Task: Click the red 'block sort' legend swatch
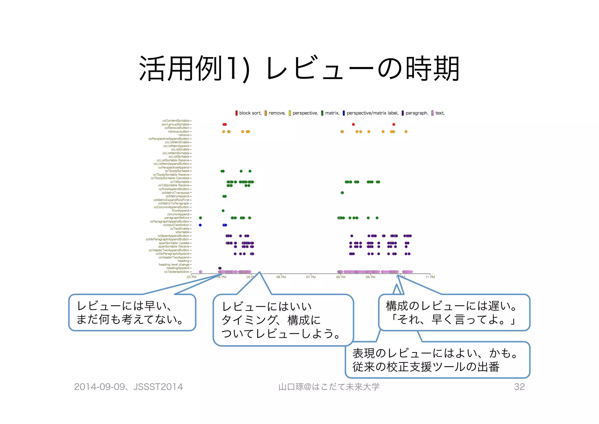[x=236, y=113]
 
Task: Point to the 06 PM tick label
[x=281, y=277]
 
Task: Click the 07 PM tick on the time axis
[x=311, y=277]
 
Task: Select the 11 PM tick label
[x=430, y=277]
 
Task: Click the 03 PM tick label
[x=191, y=277]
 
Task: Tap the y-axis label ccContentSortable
[x=176, y=121]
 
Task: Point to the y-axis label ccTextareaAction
[x=177, y=272]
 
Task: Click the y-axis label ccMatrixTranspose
[x=175, y=193]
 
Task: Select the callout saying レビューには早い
[x=132, y=313]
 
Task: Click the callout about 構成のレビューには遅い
[x=454, y=313]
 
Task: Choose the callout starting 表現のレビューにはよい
[x=437, y=360]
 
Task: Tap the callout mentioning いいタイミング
[x=283, y=320]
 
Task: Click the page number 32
[x=519, y=387]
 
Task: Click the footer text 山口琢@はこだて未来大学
[x=329, y=387]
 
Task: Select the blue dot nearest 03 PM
[x=200, y=225]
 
